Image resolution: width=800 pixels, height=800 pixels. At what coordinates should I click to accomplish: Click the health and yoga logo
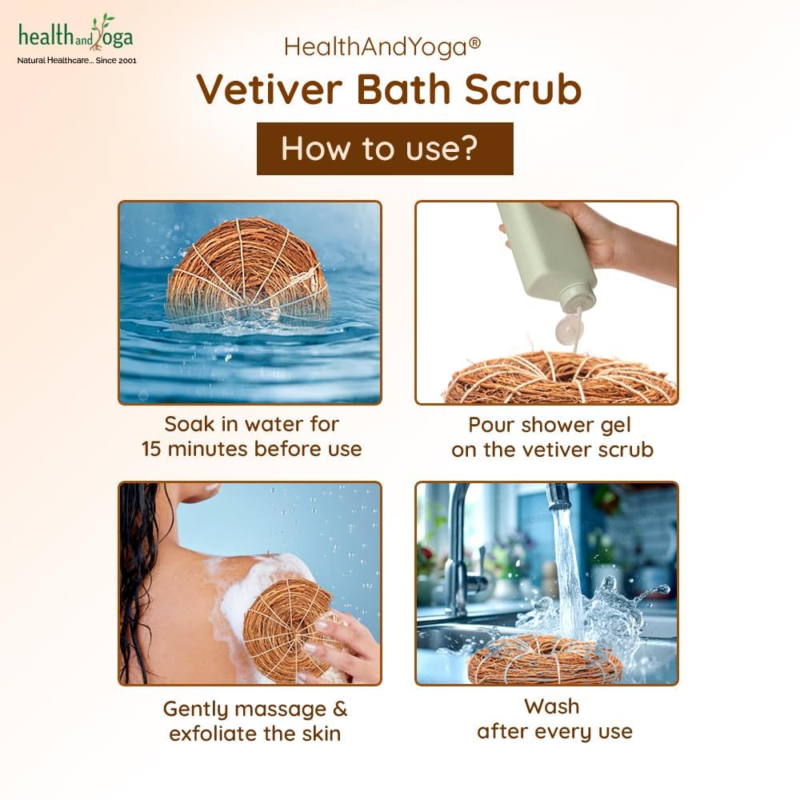[77, 38]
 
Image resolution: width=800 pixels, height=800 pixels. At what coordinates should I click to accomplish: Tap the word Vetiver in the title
[270, 90]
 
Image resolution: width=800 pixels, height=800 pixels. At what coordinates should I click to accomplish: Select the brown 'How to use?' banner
[385, 149]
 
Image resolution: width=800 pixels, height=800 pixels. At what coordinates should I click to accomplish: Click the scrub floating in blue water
[248, 272]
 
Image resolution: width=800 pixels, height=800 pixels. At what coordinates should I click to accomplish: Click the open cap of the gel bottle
[569, 329]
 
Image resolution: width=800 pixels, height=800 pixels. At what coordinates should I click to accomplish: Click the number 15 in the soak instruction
[151, 449]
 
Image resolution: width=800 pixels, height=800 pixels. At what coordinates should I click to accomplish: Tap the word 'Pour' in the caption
[490, 425]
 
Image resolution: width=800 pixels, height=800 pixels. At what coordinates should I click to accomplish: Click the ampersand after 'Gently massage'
[340, 709]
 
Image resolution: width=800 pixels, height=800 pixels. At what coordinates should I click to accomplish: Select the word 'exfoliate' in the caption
[213, 734]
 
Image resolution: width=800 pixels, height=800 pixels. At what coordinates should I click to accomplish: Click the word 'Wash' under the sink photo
[551, 706]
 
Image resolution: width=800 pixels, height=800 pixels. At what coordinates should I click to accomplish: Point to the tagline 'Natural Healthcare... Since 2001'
[77, 60]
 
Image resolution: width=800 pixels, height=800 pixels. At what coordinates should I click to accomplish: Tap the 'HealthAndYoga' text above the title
[375, 47]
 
